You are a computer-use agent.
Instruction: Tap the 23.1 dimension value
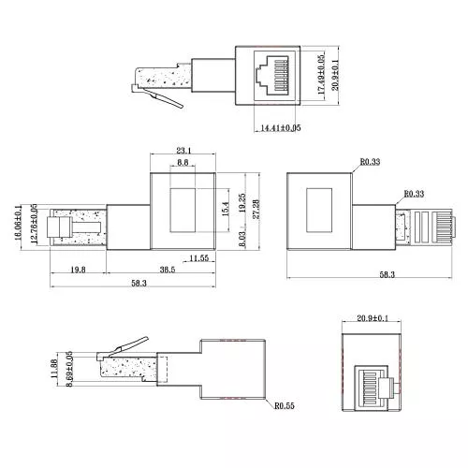pos(183,150)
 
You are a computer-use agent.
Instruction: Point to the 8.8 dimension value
pos(183,163)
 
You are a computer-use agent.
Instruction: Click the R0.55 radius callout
pos(285,407)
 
